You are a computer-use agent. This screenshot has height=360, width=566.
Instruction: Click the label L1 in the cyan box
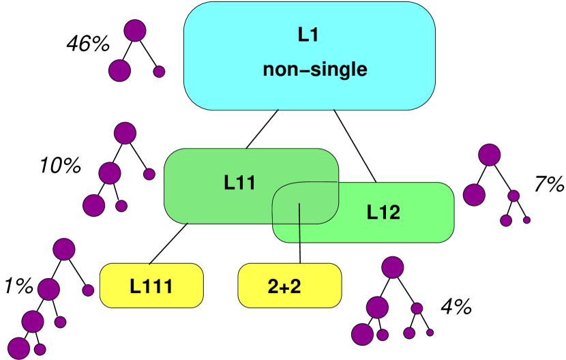[308, 35]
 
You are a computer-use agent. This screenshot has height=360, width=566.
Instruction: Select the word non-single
[314, 70]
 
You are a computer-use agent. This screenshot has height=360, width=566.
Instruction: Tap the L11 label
[239, 183]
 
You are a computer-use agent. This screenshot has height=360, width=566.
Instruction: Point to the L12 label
[383, 212]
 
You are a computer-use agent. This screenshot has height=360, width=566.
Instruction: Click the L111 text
[151, 286]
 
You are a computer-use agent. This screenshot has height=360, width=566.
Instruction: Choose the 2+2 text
[284, 286]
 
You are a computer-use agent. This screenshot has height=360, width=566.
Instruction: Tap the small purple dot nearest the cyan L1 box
[159, 72]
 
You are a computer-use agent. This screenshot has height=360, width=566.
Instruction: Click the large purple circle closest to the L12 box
[474, 195]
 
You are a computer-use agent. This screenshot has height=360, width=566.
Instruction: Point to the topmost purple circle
[135, 30]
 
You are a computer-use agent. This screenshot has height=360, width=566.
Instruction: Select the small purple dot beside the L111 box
[88, 290]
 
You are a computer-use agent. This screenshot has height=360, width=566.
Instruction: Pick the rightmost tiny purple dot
[526, 220]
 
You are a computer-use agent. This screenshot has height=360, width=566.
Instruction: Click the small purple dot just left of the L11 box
[149, 174]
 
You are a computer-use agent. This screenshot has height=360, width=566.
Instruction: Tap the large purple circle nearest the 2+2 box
[392, 267]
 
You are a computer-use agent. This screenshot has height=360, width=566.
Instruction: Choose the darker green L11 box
[205, 205]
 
